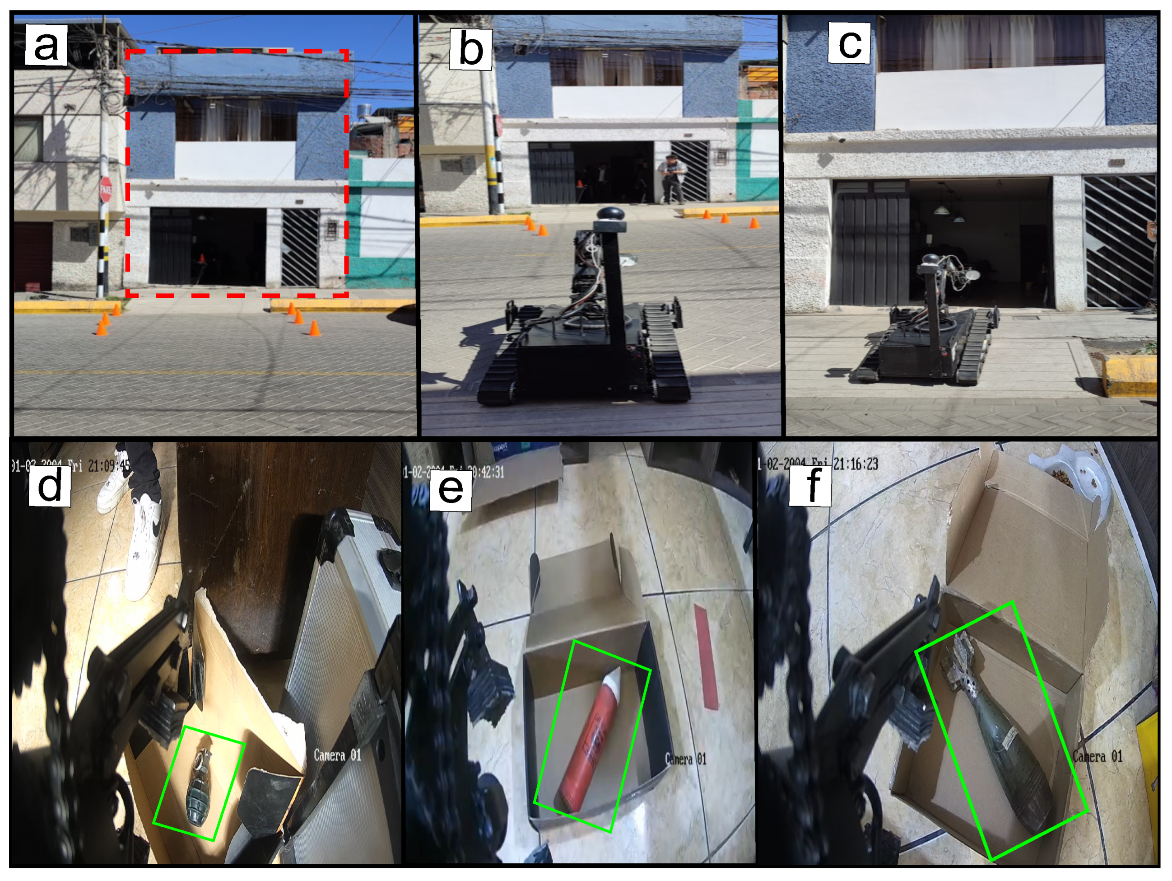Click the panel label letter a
pos(46,46)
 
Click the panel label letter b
pos(470,49)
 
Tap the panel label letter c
pos(849,43)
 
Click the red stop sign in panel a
pos(106,188)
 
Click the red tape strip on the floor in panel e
pos(706,657)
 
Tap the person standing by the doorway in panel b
pos(672,178)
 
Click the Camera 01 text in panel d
pos(337,755)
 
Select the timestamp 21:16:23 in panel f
pos(855,464)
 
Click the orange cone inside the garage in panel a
pos(201,259)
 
